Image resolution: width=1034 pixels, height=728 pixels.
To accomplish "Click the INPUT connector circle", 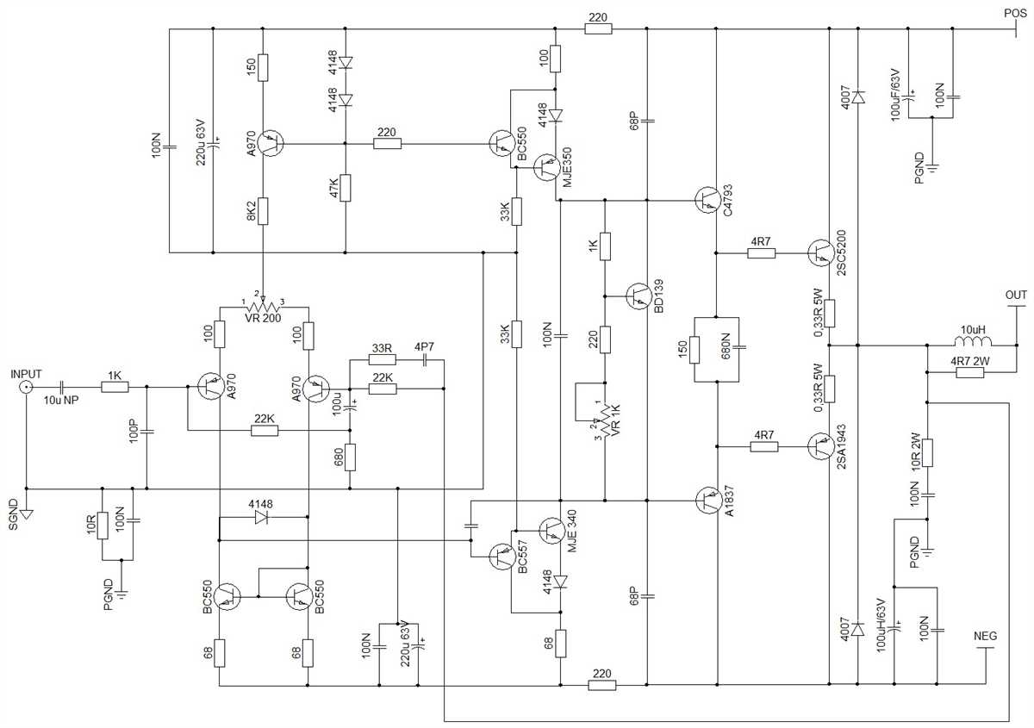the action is [x=26, y=387].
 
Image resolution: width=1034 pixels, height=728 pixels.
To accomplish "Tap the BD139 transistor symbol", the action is [x=638, y=296].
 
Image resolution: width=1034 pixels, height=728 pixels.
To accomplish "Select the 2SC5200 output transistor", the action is [x=820, y=253].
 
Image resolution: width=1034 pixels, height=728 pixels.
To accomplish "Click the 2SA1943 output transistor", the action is [x=820, y=446].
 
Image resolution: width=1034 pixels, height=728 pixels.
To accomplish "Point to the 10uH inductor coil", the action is [x=973, y=341].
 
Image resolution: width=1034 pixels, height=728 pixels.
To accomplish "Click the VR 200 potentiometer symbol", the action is [x=263, y=307].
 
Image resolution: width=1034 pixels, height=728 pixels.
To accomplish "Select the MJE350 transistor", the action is [x=546, y=168].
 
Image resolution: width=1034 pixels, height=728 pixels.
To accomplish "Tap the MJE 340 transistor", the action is [x=552, y=531].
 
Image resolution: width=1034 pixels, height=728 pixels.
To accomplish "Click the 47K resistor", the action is [x=346, y=188].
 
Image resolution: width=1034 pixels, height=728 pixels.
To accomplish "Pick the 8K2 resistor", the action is [x=263, y=211].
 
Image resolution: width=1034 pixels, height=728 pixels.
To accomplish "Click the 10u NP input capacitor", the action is [x=61, y=387].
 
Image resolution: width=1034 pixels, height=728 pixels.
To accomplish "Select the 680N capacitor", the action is [x=738, y=347].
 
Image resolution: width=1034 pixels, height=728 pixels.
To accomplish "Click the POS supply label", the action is [x=1016, y=14].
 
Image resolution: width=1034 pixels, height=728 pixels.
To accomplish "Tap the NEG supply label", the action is [x=985, y=636].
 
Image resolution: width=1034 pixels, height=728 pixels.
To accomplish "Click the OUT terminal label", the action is [x=1016, y=295].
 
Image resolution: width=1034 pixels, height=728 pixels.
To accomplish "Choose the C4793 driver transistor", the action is [x=707, y=200].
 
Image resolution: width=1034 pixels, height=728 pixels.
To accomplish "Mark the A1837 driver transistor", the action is [x=707, y=501].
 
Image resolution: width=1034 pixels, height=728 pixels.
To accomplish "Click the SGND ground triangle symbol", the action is [x=27, y=513].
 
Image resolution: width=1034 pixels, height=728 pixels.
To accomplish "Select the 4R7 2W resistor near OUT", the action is [x=969, y=372].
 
